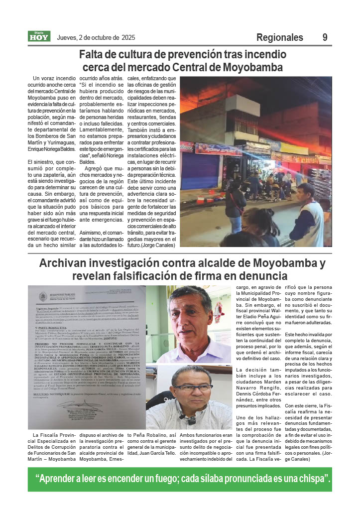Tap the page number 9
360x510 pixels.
pos(325,37)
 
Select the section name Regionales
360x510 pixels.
pos(279,37)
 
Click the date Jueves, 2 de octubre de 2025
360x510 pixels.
pos(96,37)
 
